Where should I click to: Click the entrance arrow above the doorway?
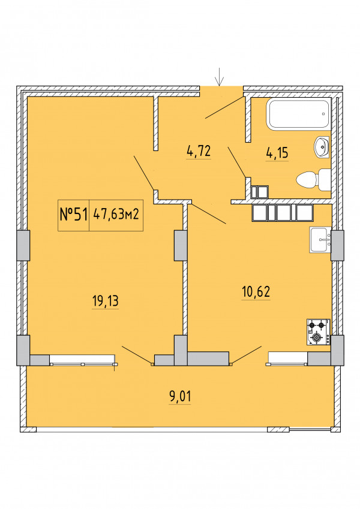[x=220, y=77]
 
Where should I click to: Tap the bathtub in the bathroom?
[x=298, y=114]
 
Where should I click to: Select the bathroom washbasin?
[x=322, y=147]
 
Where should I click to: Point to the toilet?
[x=314, y=179]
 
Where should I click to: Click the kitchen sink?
[x=320, y=240]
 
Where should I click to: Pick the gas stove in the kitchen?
[x=319, y=332]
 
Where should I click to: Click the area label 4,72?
[x=199, y=151]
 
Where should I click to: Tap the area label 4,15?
[x=277, y=153]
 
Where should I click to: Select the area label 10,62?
[x=256, y=291]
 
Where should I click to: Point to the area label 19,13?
[x=106, y=301]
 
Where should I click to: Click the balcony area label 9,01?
[x=181, y=396]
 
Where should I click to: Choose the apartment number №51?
[x=74, y=215]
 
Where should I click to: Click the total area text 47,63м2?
[x=116, y=214]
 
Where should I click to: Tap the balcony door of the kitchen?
[x=245, y=355]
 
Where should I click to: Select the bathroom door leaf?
[x=237, y=162]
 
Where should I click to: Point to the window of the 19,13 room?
[x=83, y=360]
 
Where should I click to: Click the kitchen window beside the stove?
[x=287, y=359]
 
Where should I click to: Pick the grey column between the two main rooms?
[x=181, y=245]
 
